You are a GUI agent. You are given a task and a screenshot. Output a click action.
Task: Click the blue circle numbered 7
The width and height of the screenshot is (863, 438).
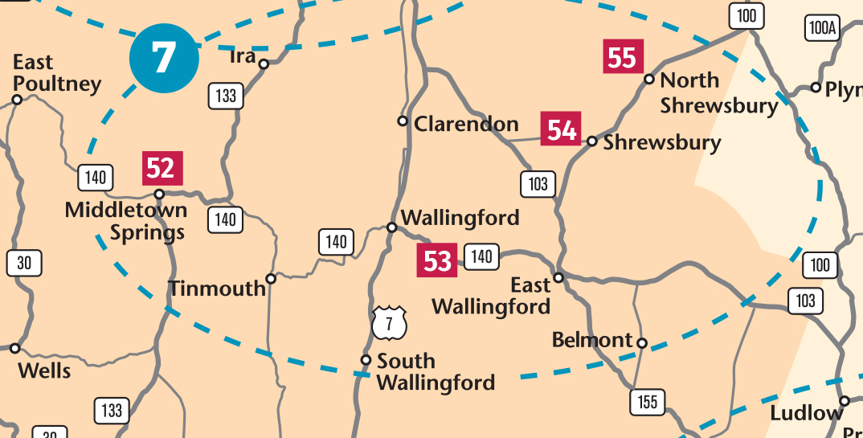164,59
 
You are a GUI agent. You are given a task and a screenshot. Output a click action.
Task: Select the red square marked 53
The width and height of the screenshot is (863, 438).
437,260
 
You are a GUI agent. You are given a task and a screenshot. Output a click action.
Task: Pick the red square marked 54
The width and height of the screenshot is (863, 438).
561,129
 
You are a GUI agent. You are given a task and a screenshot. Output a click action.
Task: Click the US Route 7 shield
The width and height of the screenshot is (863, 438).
390,323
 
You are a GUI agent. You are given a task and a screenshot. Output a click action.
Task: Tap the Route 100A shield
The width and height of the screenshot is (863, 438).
823,29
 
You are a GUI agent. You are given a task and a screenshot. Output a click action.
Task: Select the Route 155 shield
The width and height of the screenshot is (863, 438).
648,401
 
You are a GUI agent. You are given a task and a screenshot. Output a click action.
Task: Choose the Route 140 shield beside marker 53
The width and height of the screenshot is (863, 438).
481,256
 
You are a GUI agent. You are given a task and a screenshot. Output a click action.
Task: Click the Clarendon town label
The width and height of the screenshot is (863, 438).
466,124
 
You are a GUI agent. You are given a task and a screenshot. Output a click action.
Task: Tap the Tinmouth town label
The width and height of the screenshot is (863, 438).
217,289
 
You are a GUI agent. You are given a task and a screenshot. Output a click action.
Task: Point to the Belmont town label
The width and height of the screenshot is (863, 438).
592,340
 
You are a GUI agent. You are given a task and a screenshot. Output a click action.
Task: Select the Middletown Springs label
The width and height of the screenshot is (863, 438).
125,221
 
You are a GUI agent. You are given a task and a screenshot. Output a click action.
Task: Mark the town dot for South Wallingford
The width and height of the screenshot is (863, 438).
366,360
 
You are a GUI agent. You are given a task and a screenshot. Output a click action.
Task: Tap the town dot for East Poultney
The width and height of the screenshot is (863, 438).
17,100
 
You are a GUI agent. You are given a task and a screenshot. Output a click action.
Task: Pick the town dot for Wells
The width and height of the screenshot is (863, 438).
14,348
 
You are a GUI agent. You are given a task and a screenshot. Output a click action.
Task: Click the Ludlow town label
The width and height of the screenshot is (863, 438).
805,414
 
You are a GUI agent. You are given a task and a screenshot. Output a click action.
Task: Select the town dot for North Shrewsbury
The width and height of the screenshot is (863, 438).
649,79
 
